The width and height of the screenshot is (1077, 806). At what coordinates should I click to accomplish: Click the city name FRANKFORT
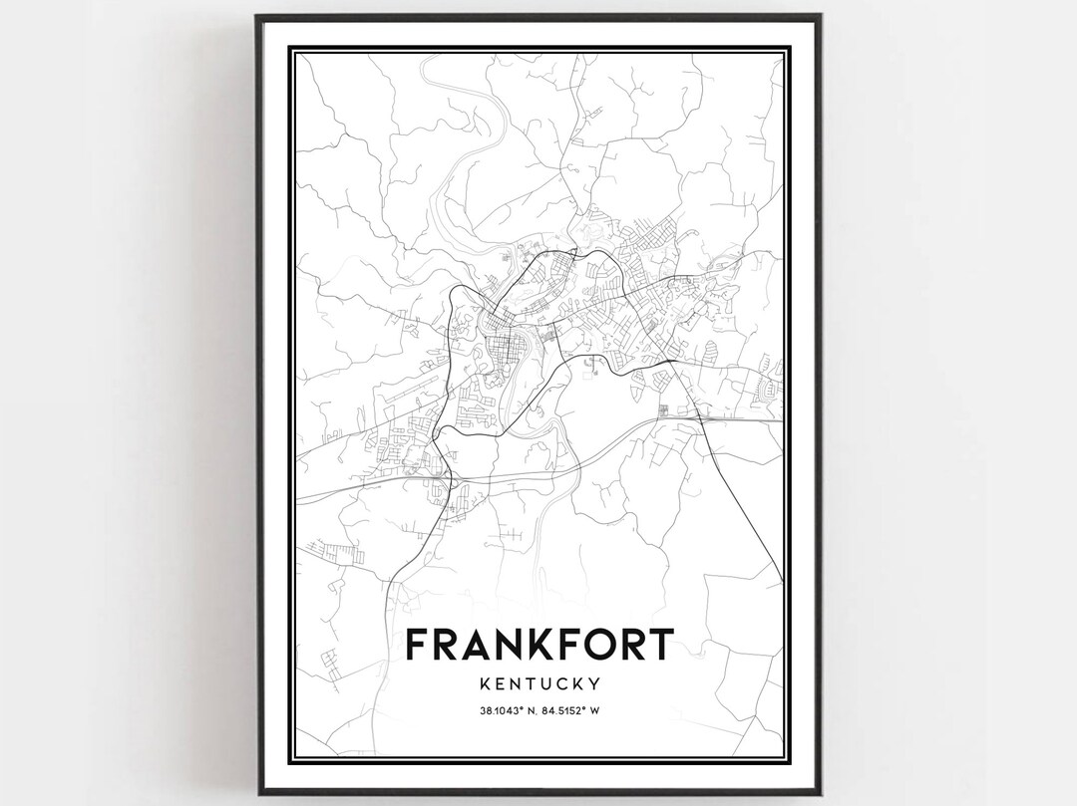[x=539, y=645]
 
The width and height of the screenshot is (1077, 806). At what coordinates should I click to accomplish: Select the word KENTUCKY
[x=539, y=684]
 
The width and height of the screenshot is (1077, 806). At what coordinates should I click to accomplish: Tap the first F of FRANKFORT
[x=421, y=645]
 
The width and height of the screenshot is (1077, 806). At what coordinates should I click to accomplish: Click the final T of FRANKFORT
[x=659, y=645]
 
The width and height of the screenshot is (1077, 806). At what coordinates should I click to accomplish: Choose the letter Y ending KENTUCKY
[x=594, y=684]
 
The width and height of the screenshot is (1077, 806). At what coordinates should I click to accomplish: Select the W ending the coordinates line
[x=606, y=710]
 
